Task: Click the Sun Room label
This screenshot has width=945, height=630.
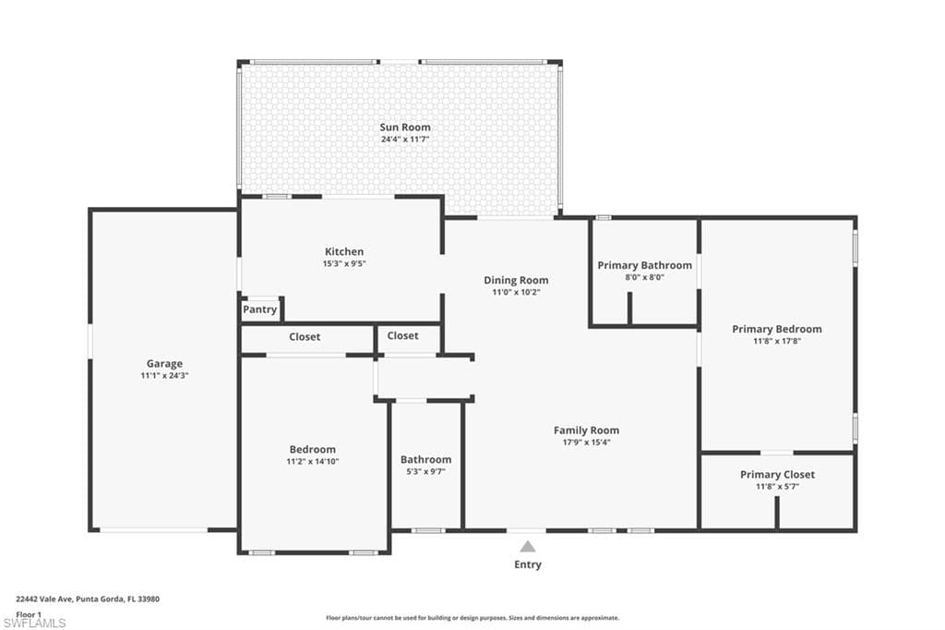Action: pos(404,127)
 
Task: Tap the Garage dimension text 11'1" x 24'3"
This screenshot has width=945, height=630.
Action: pos(164,376)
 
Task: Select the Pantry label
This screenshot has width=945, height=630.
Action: pos(259,309)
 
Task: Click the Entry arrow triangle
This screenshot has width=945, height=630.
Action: pos(527,547)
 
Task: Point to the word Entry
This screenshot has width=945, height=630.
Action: pos(528,564)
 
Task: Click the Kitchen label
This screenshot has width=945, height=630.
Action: pos(343,251)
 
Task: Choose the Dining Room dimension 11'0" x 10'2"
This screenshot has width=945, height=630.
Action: pos(516,292)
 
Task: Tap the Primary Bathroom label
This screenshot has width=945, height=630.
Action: pos(644,265)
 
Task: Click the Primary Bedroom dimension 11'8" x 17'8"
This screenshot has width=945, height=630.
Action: pos(776,341)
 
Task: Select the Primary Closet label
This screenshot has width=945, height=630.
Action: pos(777,475)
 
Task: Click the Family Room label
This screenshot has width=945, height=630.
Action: pos(586,430)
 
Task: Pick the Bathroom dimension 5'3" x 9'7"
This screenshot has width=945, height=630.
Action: pos(425,471)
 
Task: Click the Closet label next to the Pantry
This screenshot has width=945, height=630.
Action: pos(305,337)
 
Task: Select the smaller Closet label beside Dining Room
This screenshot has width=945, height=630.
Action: pos(402,336)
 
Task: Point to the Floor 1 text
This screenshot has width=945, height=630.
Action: pos(30,613)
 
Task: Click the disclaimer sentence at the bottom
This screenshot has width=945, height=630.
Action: pos(472,618)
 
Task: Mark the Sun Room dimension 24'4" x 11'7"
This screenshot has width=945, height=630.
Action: pos(404,139)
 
